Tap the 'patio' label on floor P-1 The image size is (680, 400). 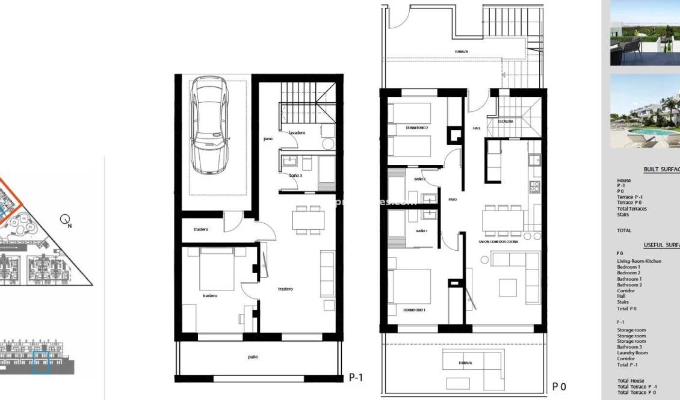(253, 357)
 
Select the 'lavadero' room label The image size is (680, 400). (298, 132)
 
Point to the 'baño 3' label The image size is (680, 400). (295, 175)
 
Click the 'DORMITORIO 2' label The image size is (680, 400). (416, 128)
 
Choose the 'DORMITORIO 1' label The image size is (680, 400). (415, 310)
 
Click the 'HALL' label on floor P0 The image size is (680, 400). (476, 128)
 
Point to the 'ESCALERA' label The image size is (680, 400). (505, 122)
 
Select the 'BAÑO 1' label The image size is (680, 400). (421, 231)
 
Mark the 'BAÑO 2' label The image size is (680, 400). (419, 179)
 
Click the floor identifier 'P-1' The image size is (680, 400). (356, 378)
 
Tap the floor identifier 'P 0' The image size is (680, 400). (559, 387)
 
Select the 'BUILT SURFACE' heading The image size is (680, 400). (661, 170)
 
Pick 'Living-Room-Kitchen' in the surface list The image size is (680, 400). (638, 262)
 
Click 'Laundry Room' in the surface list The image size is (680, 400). (632, 353)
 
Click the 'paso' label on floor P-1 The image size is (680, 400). (268, 139)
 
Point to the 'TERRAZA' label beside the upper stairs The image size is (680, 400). (462, 52)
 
